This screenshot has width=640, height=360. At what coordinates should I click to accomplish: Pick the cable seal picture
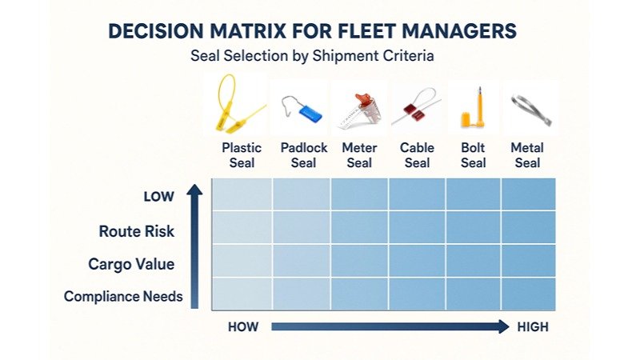[x=416, y=110]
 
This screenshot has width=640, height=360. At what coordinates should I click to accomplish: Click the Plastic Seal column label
[x=242, y=155]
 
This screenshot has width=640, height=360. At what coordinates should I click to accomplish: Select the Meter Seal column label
[x=359, y=155]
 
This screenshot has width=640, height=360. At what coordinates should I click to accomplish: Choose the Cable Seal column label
[x=417, y=155]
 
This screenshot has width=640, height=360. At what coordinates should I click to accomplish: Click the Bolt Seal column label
[x=473, y=155]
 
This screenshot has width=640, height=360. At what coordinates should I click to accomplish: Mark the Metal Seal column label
[x=527, y=155]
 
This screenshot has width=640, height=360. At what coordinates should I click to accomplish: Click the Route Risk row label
[x=137, y=232]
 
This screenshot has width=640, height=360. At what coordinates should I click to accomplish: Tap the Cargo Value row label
[x=131, y=264]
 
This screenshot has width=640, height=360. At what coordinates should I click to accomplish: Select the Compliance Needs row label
[x=123, y=297]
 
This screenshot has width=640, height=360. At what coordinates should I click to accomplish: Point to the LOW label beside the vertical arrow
[x=158, y=197]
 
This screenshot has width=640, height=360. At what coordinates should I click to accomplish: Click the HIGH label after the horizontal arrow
[x=533, y=327]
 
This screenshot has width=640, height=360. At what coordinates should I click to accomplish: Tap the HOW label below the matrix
[x=243, y=327]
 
